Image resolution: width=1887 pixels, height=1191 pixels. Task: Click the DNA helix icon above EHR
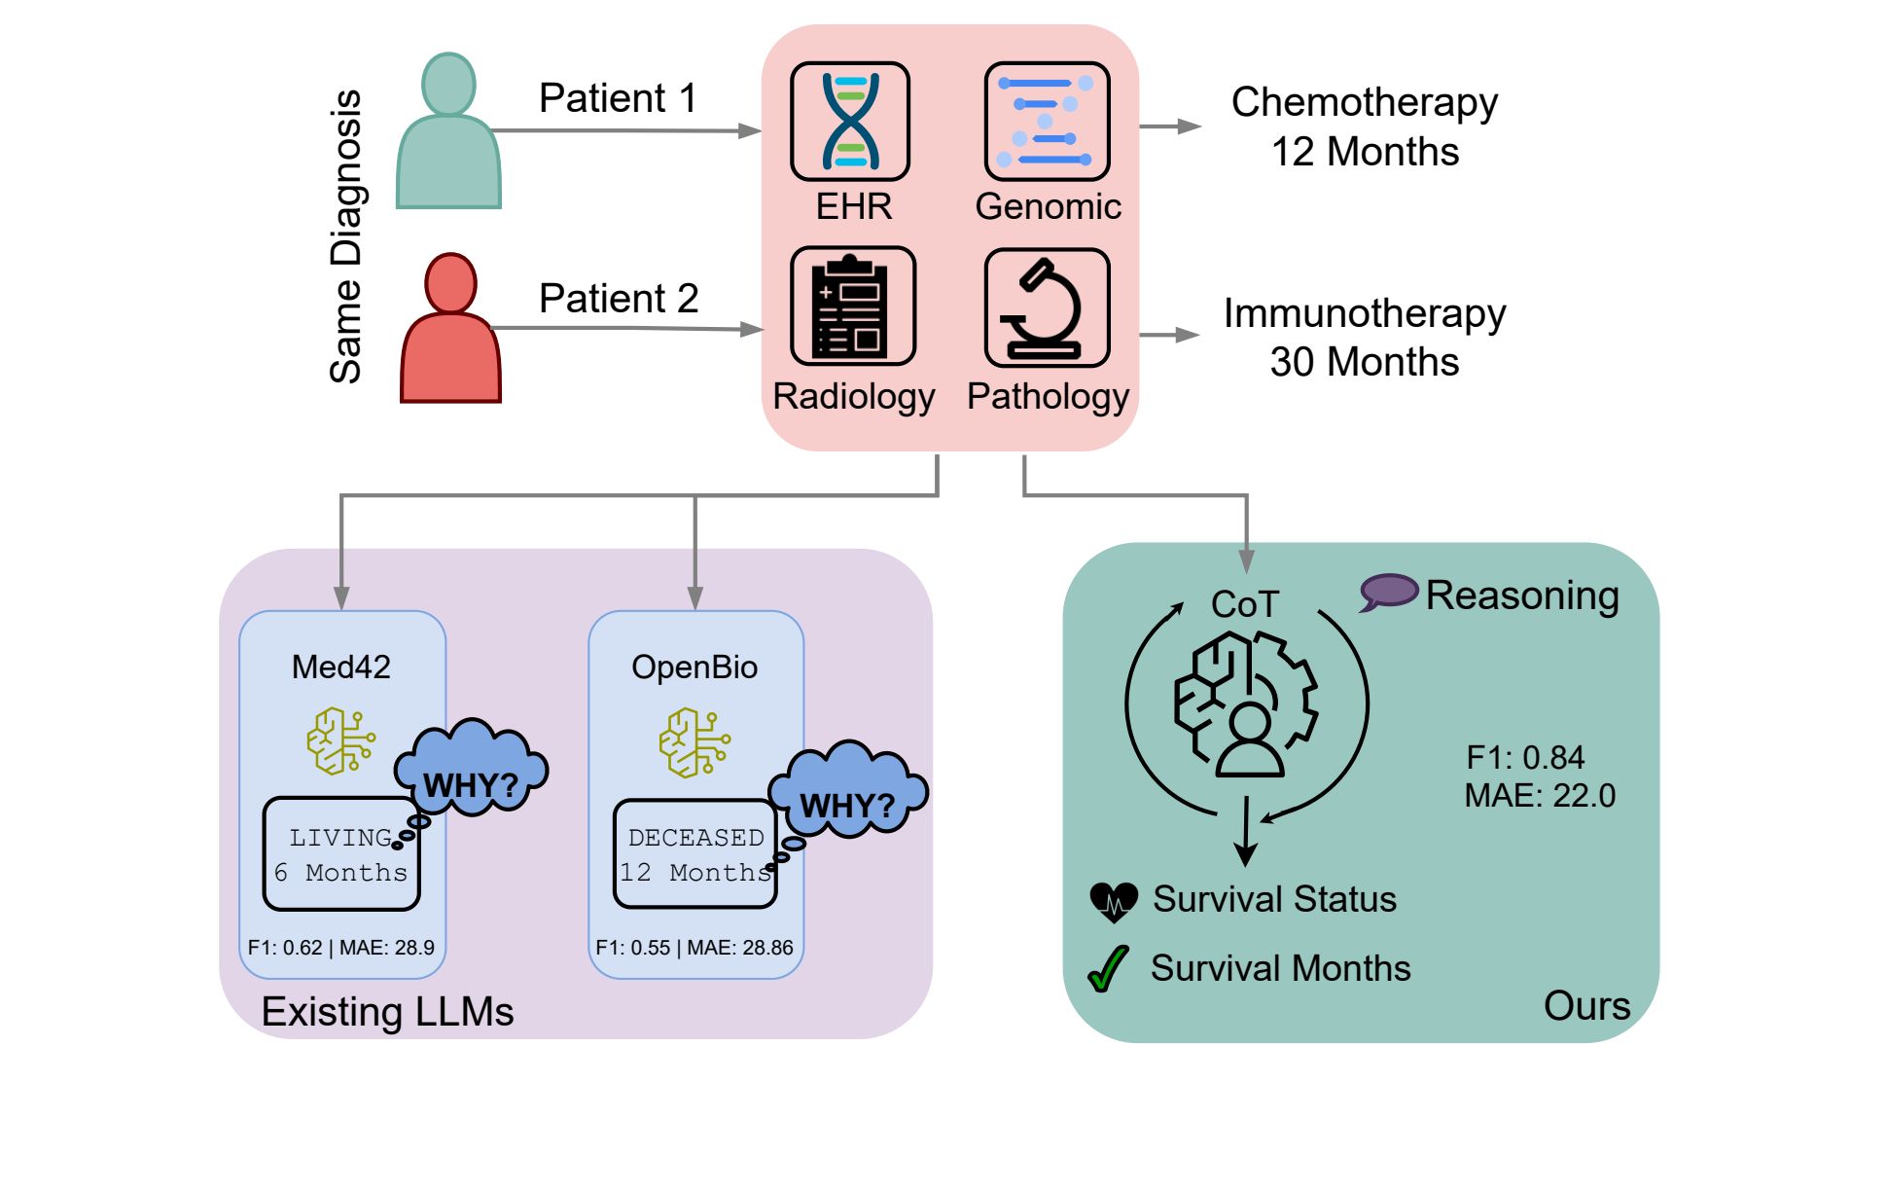(x=849, y=122)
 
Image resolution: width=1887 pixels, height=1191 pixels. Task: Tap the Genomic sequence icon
(x=1047, y=122)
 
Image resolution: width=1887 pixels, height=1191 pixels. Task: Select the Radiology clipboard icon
(x=852, y=307)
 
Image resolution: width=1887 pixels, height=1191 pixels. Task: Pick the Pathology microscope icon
(x=1047, y=307)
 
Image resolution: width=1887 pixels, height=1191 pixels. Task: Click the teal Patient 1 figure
(x=448, y=136)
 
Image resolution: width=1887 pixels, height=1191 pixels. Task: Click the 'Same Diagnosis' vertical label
(x=346, y=236)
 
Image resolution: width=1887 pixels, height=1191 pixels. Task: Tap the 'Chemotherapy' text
(x=1364, y=102)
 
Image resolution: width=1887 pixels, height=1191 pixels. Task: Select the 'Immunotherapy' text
(x=1364, y=313)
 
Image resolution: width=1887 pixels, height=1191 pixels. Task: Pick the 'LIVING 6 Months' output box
(x=341, y=854)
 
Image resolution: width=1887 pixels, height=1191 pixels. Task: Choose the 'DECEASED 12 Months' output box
(x=695, y=854)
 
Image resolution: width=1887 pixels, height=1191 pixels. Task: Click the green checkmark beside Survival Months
(x=1108, y=969)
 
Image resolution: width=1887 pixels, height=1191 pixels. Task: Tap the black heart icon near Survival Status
(x=1114, y=901)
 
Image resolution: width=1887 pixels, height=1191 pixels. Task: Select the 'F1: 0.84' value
(x=1525, y=757)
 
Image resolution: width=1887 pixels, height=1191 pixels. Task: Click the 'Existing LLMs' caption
(x=387, y=1012)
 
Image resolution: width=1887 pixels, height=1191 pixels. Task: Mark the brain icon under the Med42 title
(x=340, y=741)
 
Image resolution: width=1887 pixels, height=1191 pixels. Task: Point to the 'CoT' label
(x=1244, y=604)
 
